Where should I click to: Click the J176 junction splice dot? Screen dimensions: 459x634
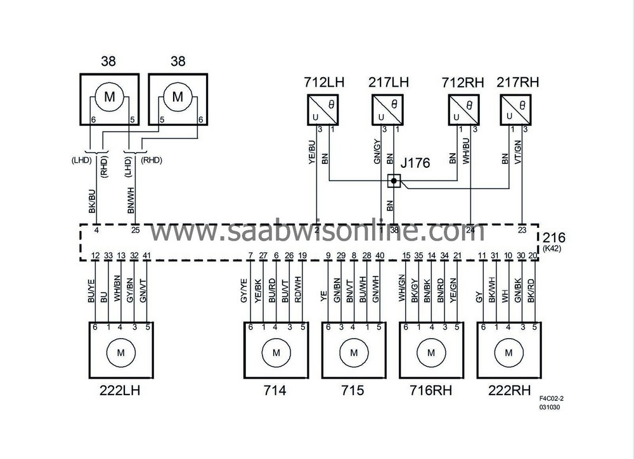(x=394, y=182)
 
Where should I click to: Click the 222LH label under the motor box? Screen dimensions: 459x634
(x=120, y=391)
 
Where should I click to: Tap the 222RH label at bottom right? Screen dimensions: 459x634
(x=508, y=391)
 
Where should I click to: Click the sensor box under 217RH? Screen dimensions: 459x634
(x=516, y=109)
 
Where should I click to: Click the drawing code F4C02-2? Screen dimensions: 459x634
(x=551, y=398)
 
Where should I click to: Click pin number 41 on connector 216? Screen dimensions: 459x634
(x=146, y=255)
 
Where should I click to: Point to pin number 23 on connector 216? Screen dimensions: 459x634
(x=522, y=230)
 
